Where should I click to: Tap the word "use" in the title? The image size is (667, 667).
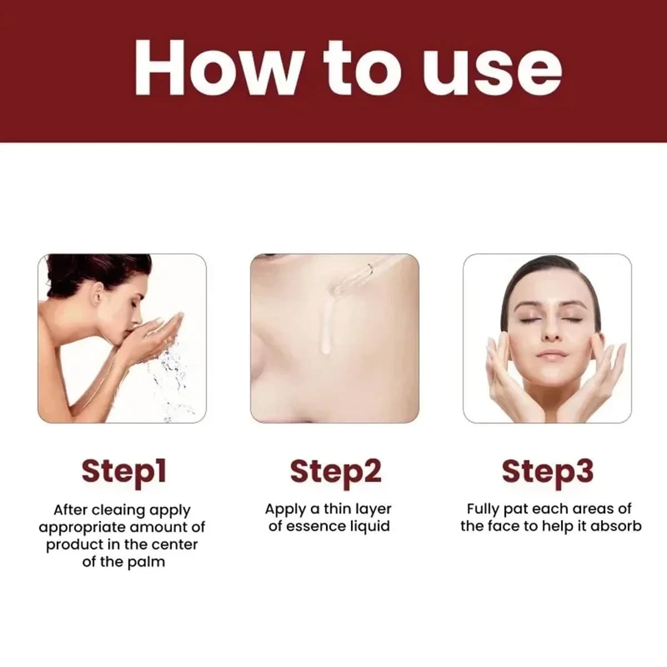click(x=491, y=75)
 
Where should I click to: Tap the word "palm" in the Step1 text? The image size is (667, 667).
click(x=146, y=563)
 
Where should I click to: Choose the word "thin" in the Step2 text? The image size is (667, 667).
click(x=338, y=509)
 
